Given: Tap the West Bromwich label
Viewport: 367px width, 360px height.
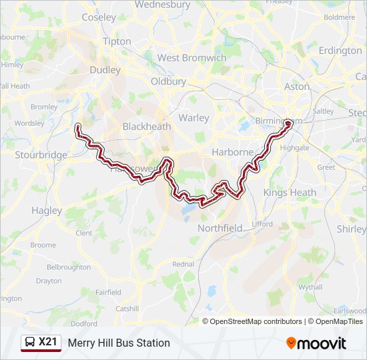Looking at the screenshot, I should pos(192,58).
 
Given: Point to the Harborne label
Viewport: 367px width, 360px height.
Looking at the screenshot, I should pos(233,152).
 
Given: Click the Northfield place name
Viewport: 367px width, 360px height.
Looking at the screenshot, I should pos(220,228).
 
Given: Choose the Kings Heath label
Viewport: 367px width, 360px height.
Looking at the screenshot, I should pos(290,193).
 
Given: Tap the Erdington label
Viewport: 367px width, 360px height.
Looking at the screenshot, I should pos(340,50).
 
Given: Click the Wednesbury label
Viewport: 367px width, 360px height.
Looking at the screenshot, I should pos(163,5).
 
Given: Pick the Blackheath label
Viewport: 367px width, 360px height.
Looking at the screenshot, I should pos(146,126).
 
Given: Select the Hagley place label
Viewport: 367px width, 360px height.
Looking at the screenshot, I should pos(47,210).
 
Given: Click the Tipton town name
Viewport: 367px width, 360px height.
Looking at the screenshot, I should pos(117,41).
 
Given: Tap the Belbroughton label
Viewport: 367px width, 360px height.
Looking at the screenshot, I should pos(69,267).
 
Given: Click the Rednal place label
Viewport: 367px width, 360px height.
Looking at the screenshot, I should pos(183,264).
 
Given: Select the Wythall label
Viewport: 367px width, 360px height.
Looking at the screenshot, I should pos(310,287).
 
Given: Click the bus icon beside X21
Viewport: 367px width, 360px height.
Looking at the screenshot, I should pos(30,343).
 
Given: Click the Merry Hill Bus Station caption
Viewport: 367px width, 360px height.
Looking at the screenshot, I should pos(119,343).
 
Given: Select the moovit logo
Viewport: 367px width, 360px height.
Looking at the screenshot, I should pos(316,343).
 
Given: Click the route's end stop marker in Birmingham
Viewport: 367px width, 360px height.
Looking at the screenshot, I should pos(288,123).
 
